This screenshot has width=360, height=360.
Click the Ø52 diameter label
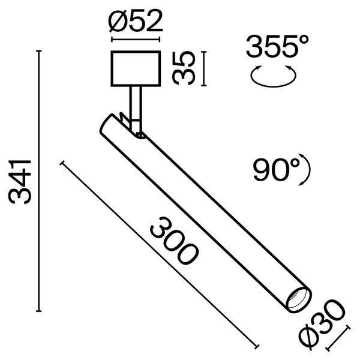pos(136,22)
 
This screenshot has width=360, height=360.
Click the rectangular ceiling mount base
pos(136,69)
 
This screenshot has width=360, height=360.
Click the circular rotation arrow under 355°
pos(274,77)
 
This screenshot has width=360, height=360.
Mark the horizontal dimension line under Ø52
pos(136,41)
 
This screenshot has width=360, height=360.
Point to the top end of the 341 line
pos(40,52)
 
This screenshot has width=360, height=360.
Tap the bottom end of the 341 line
pos(40,311)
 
